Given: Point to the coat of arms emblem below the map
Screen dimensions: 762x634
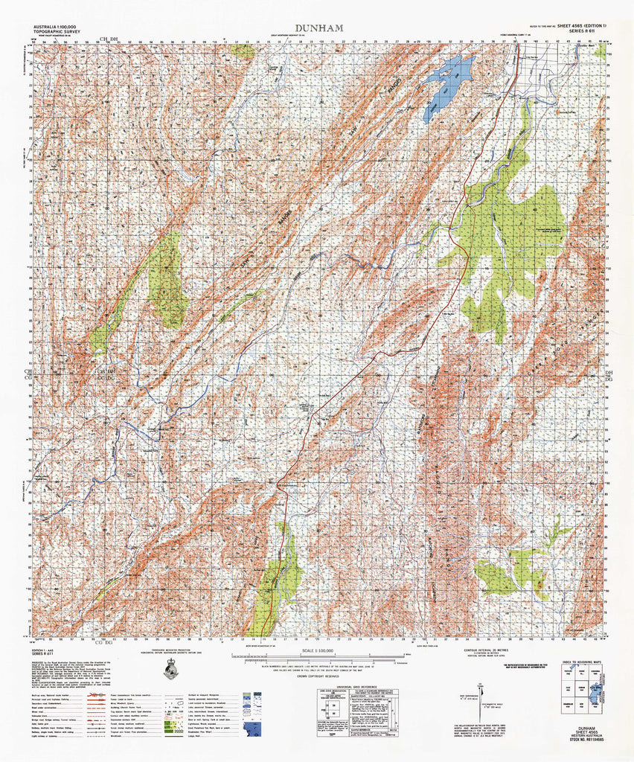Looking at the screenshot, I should click(x=170, y=670).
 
